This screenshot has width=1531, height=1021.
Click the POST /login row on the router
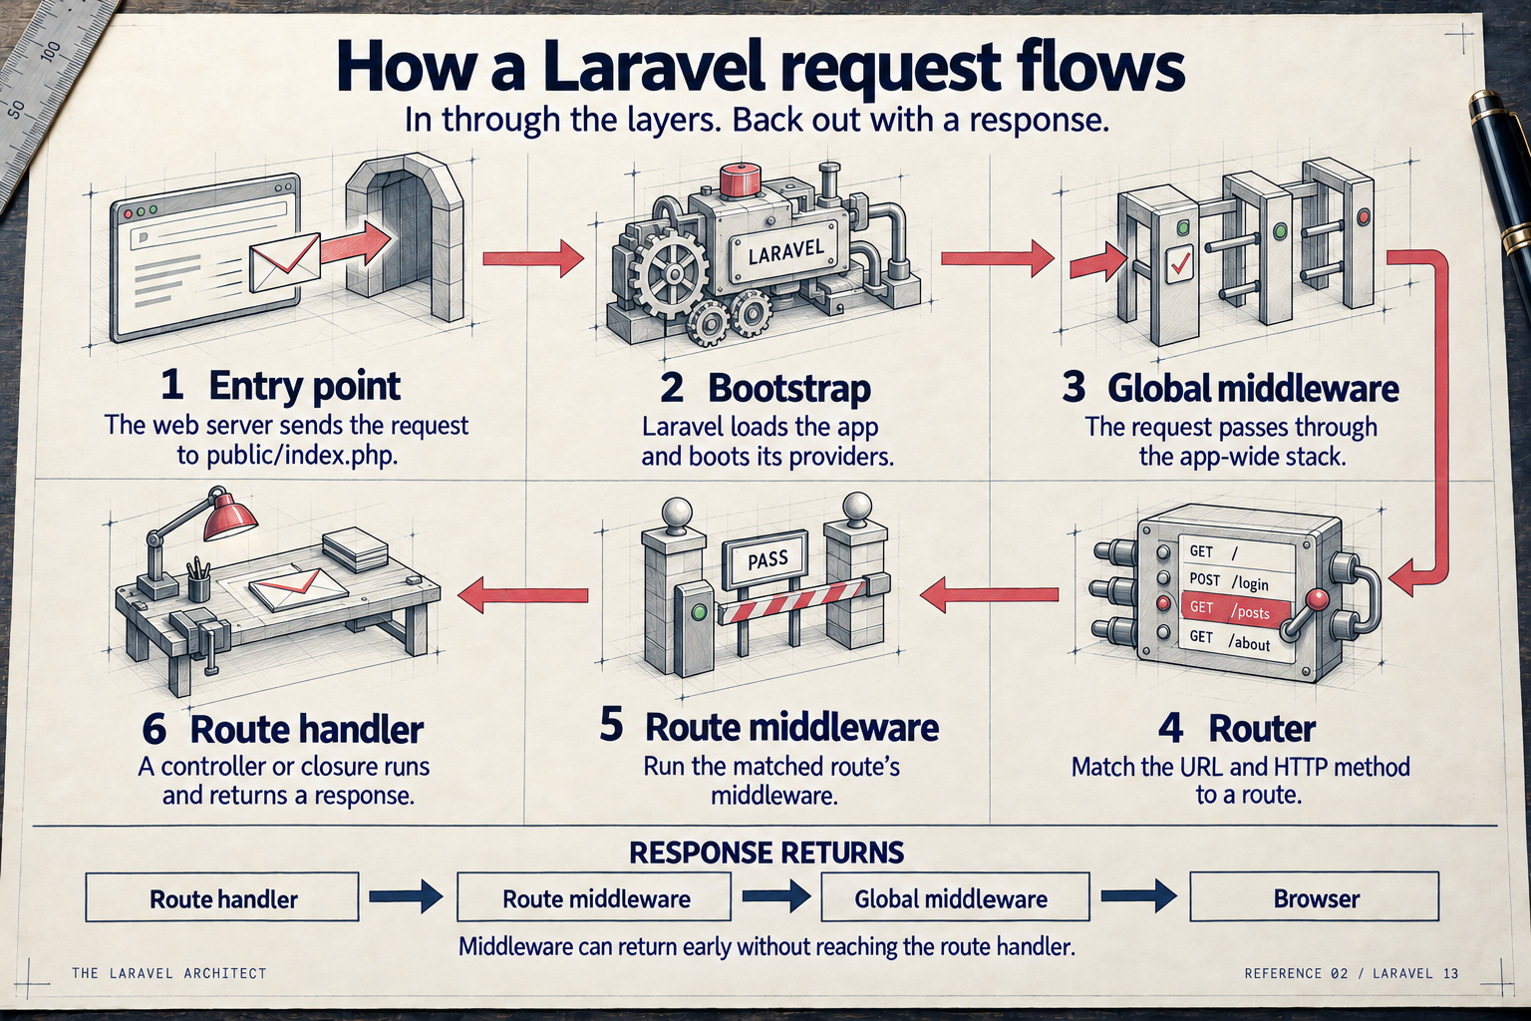click(x=1236, y=581)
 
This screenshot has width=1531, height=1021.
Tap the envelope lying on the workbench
click(x=295, y=589)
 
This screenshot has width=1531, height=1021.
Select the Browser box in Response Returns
click(x=1315, y=896)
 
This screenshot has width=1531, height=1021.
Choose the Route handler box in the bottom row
click(x=222, y=897)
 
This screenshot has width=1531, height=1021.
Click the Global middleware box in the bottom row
click(x=955, y=897)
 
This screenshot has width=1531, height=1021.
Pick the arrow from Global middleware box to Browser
click(x=1139, y=896)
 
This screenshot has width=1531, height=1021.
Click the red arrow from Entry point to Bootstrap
click(x=533, y=258)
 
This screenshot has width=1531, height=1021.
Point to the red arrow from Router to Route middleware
click(x=989, y=594)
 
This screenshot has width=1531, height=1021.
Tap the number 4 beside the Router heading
click(x=1170, y=728)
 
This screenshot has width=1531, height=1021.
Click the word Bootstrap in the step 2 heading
click(x=789, y=388)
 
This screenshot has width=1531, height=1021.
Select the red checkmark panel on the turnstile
click(x=1179, y=264)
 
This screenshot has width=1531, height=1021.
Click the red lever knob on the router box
click(x=1318, y=600)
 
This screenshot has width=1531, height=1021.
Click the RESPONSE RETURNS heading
click(x=766, y=852)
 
